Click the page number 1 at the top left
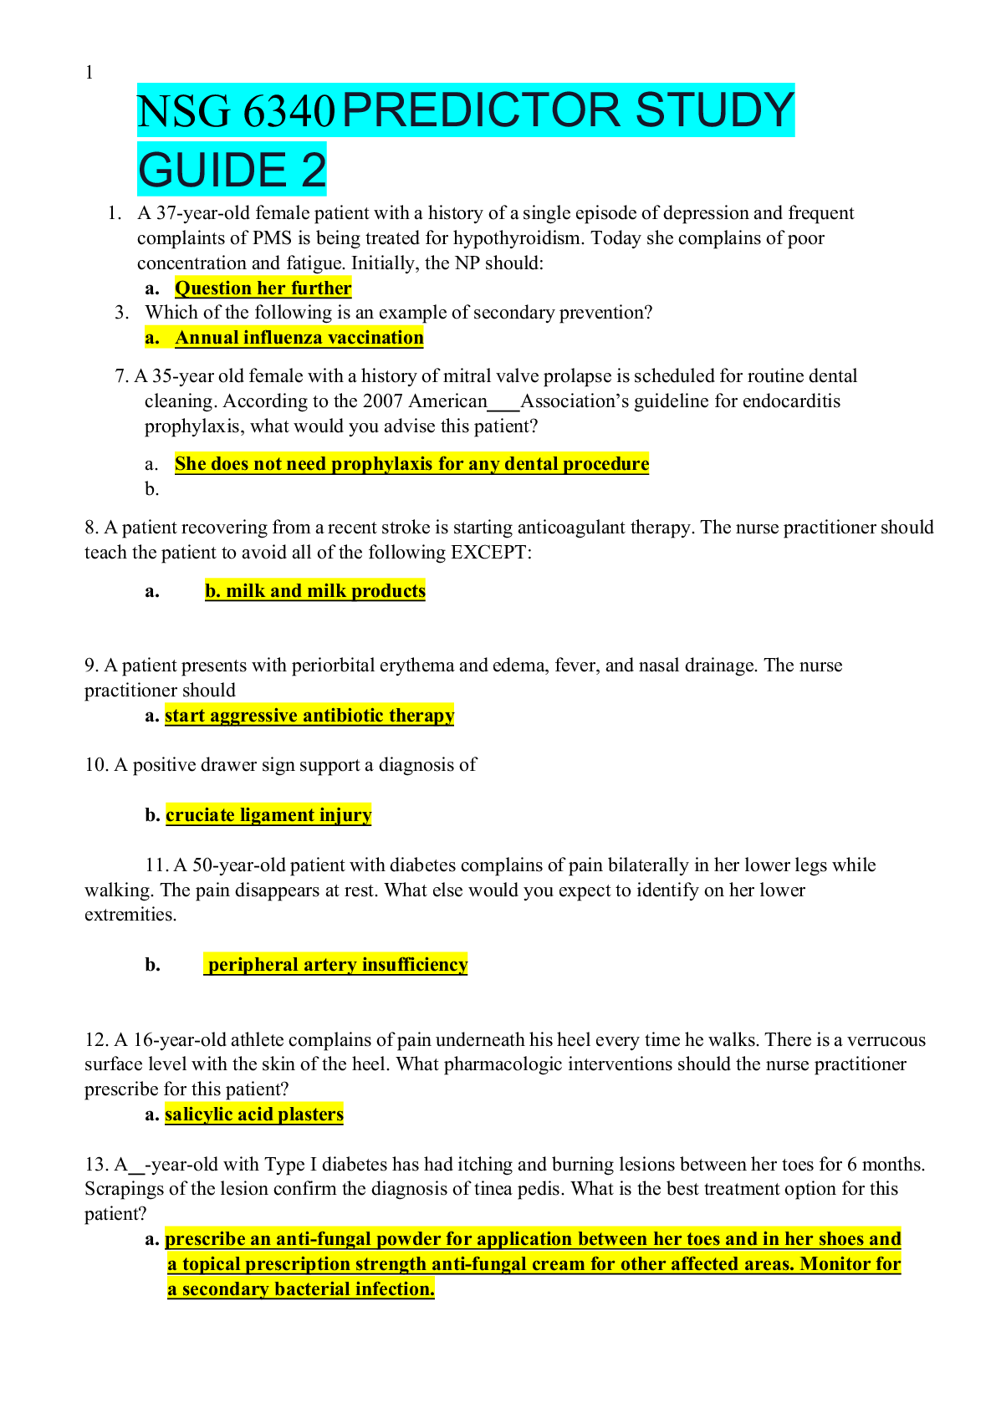[89, 73]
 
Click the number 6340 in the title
[288, 111]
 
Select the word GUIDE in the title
[212, 170]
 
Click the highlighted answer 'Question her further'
[263, 288]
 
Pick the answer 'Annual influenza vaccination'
[299, 338]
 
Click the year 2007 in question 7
[382, 401]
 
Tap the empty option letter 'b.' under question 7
[151, 489]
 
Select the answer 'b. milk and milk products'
[315, 591]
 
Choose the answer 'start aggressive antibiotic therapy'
[309, 716]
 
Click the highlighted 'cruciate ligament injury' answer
[268, 815]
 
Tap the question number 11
[156, 865]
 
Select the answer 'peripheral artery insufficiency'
[337, 965]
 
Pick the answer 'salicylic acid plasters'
[254, 1115]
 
